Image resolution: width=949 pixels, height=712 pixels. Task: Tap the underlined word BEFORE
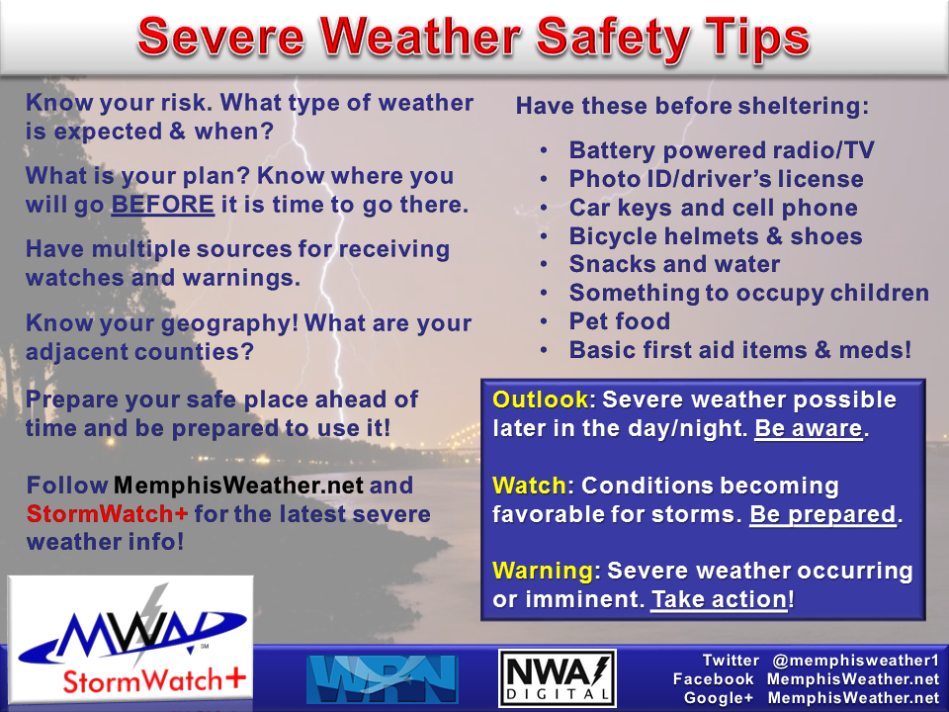coord(162,206)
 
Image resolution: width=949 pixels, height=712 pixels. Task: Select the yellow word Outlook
coord(539,400)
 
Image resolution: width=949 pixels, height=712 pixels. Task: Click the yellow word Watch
coord(529,486)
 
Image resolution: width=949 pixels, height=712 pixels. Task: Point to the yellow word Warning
coord(543,571)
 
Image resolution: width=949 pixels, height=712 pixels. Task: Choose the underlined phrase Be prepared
coord(822,515)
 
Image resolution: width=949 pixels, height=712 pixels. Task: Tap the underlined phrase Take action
coord(719,600)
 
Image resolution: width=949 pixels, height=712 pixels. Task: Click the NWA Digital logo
coord(557,678)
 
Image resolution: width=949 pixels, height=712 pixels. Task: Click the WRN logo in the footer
coord(382,678)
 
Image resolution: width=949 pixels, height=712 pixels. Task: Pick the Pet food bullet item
coord(619,321)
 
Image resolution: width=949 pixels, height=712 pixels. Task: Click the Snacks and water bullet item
coord(674,264)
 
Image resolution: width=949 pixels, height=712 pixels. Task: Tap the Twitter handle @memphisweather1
coord(854,660)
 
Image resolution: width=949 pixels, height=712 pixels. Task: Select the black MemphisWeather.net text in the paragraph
coord(239,487)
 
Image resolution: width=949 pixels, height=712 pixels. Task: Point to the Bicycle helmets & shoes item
coord(716,236)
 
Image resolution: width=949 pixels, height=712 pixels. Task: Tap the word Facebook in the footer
coord(714,679)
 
